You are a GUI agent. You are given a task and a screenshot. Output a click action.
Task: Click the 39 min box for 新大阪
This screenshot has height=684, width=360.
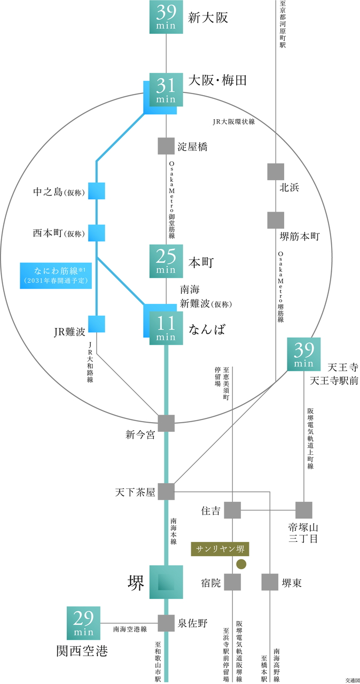click(166, 17)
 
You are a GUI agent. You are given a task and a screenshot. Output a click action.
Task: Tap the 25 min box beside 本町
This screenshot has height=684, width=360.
click(166, 261)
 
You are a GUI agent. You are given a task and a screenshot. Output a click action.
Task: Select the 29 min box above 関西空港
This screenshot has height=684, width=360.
click(83, 623)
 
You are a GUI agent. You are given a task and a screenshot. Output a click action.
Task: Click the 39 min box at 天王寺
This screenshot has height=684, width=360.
click(304, 354)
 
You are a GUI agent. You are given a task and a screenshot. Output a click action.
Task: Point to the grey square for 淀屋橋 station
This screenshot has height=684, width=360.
click(166, 146)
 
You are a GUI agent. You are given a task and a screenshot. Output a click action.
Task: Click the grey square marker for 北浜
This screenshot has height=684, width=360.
click(276, 172)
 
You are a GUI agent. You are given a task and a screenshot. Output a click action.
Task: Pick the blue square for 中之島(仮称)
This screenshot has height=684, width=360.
click(97, 191)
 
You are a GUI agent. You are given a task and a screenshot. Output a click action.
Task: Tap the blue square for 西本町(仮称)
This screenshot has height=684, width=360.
click(97, 233)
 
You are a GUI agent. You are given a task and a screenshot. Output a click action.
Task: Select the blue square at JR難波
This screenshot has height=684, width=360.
click(97, 324)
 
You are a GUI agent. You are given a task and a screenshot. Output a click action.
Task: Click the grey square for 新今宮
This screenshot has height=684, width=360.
click(166, 423)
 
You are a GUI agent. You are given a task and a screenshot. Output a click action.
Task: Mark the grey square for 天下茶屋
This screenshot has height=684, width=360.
click(166, 492)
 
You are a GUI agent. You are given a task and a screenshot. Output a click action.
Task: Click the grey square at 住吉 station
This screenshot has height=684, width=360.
click(232, 510)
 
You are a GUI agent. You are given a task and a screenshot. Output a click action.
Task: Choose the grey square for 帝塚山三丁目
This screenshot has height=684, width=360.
click(304, 510)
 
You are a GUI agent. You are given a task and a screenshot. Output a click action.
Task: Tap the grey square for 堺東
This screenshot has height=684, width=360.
click(270, 582)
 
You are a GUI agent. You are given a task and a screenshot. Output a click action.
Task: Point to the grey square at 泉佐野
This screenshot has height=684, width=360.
click(166, 623)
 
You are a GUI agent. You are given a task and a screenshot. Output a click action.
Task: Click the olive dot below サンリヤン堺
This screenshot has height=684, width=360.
click(241, 564)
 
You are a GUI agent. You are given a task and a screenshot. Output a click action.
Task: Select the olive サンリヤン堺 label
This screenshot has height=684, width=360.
click(220, 549)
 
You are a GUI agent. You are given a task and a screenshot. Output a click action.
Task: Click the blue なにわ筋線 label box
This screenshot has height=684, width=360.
click(56, 275)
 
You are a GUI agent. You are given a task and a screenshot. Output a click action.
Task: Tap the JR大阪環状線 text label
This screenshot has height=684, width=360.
click(234, 121)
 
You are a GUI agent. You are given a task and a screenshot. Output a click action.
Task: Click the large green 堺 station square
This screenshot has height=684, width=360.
click(166, 582)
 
